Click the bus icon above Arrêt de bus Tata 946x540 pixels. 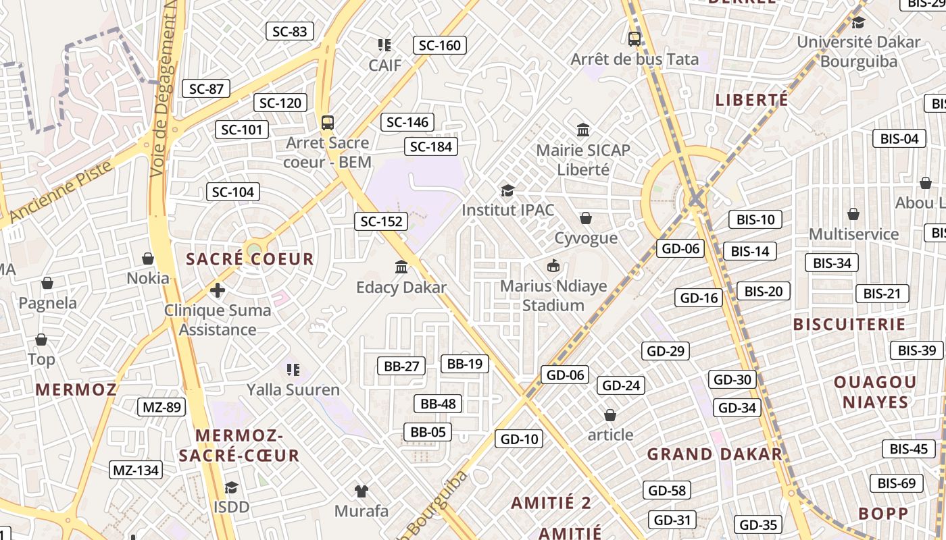point(634,39)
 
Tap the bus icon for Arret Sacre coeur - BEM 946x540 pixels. point(328,123)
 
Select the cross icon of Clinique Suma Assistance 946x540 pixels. point(217,290)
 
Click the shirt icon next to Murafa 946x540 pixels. point(362,491)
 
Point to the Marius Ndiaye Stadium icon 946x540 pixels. point(553,266)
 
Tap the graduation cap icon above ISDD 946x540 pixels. point(232,487)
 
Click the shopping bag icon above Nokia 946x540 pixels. point(148,259)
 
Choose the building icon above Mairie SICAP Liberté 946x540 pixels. point(583,130)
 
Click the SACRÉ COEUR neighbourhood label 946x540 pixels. point(250,259)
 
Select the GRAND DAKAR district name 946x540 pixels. point(715,454)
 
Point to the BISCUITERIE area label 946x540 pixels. point(849,325)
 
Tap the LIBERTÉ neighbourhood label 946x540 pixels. point(752,101)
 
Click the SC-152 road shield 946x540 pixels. point(381,221)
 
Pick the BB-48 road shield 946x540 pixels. point(439,404)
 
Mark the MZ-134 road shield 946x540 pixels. point(136,470)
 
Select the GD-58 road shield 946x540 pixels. point(666,491)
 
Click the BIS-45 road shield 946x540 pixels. point(909,449)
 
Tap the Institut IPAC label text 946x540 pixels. point(508,210)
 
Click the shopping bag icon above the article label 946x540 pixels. point(610,415)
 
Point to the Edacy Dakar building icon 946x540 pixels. point(402,267)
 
